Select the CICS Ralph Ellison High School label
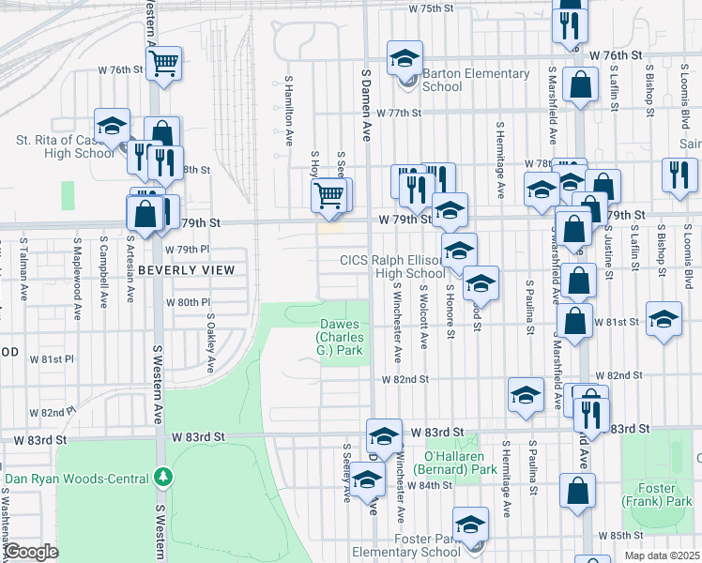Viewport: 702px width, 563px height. point(391,266)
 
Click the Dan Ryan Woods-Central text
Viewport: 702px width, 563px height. point(79,478)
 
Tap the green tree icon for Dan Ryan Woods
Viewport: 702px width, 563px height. point(164,478)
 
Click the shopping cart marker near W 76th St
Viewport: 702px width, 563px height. point(164,64)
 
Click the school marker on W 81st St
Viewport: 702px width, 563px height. point(664,319)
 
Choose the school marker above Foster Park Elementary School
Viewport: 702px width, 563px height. point(470,524)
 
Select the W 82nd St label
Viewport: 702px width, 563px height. point(405,379)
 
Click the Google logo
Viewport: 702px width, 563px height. point(31,552)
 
